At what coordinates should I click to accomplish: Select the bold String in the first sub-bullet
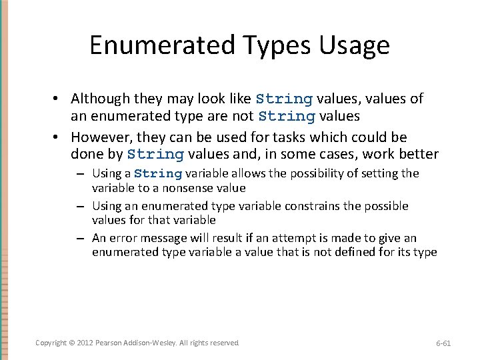pos(158,174)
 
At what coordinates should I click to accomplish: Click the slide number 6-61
pos(443,343)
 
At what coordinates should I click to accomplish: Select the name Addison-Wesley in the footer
pos(151,343)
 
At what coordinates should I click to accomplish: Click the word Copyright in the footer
pos(51,343)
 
